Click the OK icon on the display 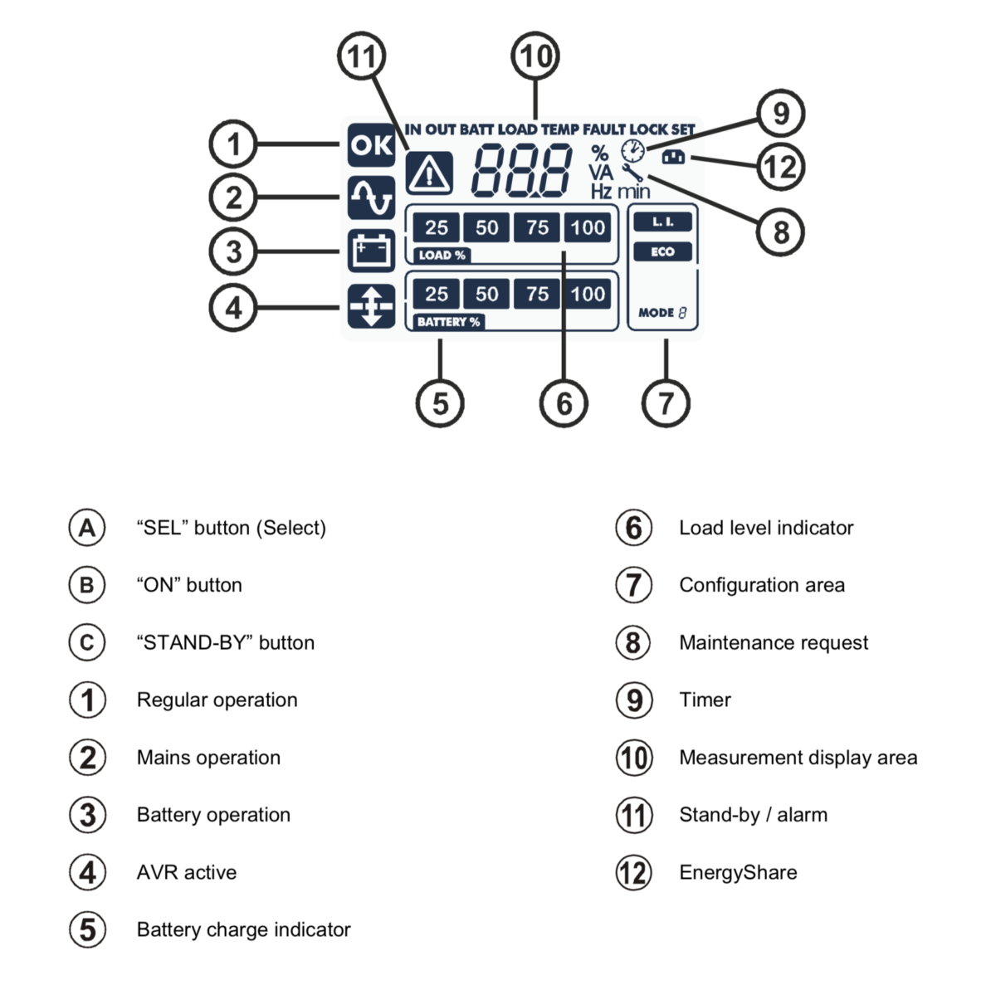371,145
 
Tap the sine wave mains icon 371,197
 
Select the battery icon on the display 371,251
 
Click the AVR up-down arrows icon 371,306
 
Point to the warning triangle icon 429,173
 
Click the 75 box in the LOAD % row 537,227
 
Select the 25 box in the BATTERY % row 437,294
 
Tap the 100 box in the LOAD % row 588,227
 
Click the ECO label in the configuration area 662,252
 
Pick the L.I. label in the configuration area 662,222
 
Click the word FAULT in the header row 604,129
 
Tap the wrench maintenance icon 633,173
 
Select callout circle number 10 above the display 535,56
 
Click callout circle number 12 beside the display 780,167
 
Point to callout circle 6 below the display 564,403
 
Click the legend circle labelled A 87,528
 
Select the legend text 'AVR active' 187,872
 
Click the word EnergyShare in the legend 738,872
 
